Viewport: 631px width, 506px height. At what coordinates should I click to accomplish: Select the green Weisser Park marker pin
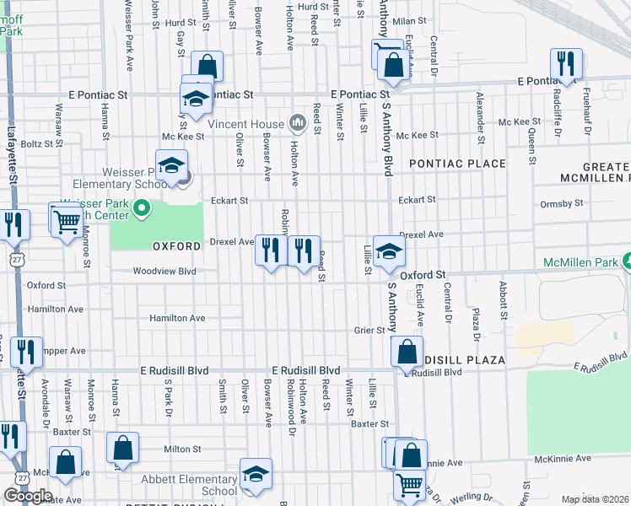[143, 207]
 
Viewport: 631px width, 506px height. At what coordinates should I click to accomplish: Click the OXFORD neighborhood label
[176, 246]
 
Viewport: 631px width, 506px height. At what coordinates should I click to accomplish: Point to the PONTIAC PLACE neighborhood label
[457, 164]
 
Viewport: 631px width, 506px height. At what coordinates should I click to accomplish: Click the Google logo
[28, 495]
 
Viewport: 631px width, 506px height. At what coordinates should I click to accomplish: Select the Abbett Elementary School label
[197, 484]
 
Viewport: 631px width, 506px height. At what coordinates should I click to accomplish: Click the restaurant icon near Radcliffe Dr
[565, 63]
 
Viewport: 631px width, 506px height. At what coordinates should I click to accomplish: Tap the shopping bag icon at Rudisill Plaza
[407, 351]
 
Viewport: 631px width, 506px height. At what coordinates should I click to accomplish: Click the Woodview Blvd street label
[164, 272]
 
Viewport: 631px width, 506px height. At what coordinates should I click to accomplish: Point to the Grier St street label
[369, 331]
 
